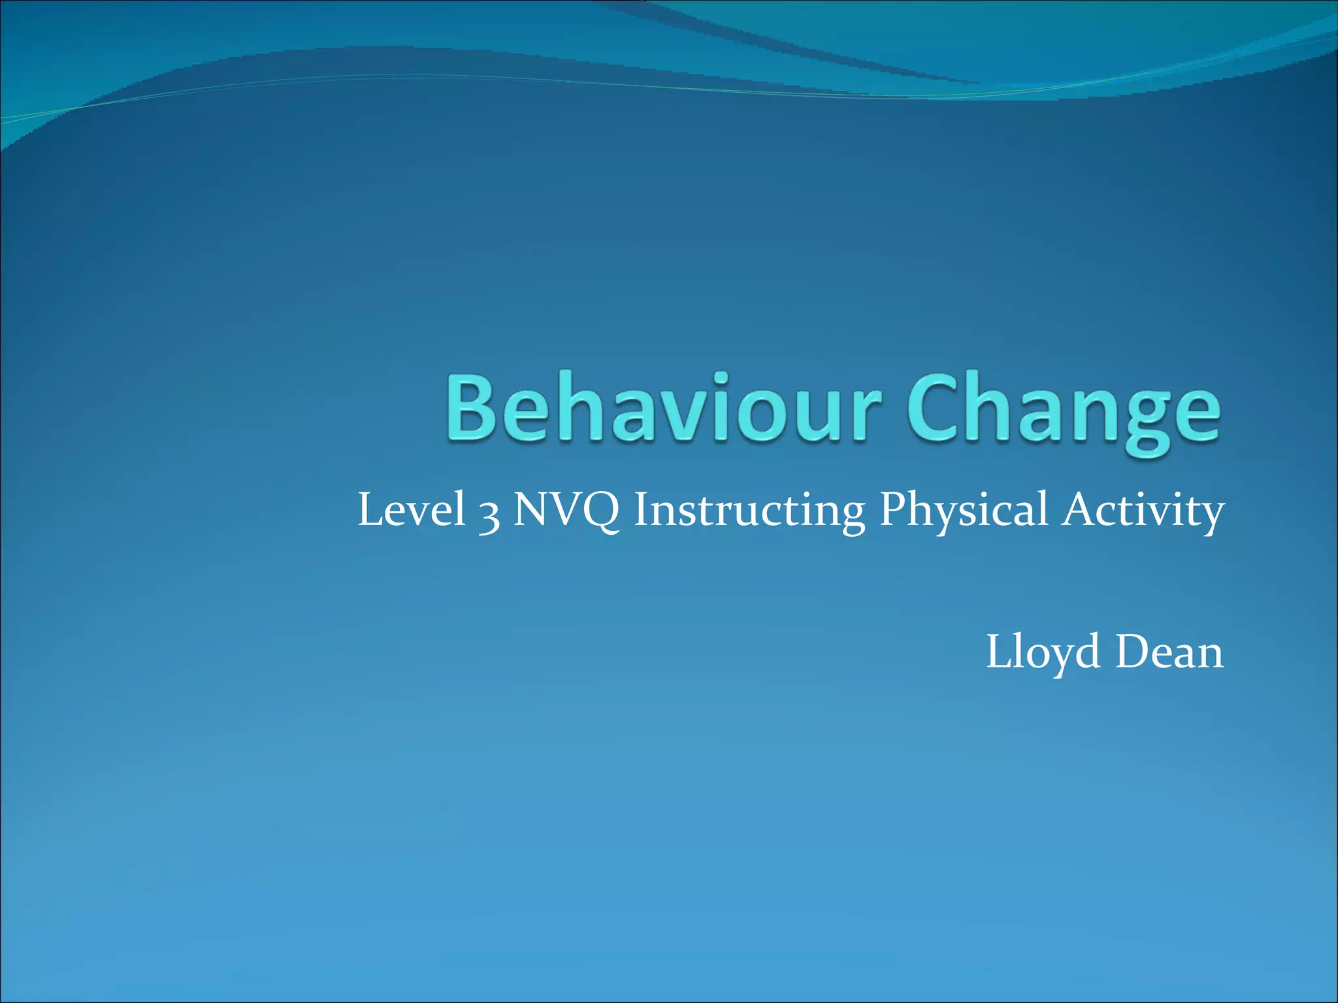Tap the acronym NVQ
tap(566, 511)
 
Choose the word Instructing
tap(749, 511)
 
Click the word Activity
tap(1143, 511)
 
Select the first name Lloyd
tap(1043, 653)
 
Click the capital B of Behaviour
tap(472, 406)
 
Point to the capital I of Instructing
tap(642, 509)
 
